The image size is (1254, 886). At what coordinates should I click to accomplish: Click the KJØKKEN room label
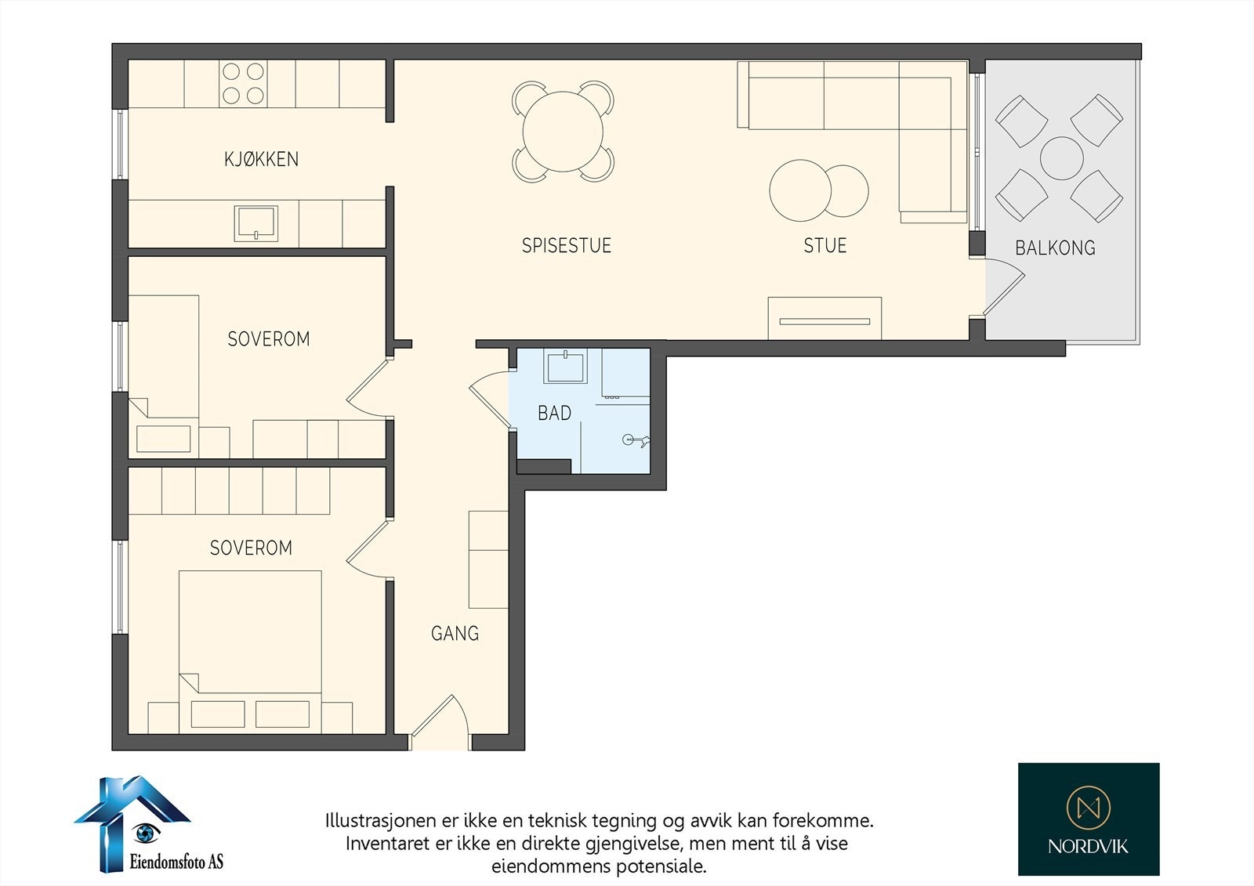tap(261, 159)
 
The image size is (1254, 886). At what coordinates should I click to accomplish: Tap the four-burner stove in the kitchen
tap(242, 84)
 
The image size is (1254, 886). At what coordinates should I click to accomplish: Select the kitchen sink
tap(256, 223)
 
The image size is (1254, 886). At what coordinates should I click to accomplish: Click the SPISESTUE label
tap(566, 245)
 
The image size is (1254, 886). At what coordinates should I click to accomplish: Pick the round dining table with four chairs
tap(563, 132)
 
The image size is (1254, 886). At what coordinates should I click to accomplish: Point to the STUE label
tap(825, 245)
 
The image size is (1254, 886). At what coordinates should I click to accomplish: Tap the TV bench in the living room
tap(825, 319)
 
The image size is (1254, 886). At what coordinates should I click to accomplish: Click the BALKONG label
tap(1055, 248)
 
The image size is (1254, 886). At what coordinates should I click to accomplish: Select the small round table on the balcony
tap(1061, 158)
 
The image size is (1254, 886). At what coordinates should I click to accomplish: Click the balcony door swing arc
tap(1006, 287)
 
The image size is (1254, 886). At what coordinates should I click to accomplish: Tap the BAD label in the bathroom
tap(554, 413)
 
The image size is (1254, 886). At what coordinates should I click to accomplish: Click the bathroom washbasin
tap(567, 367)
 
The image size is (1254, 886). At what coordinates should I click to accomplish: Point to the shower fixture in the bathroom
tap(635, 440)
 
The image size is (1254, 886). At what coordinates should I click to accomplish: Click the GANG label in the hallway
tap(455, 633)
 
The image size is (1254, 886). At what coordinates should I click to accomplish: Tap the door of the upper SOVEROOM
tap(367, 389)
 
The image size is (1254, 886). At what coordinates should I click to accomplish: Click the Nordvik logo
tap(1088, 819)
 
